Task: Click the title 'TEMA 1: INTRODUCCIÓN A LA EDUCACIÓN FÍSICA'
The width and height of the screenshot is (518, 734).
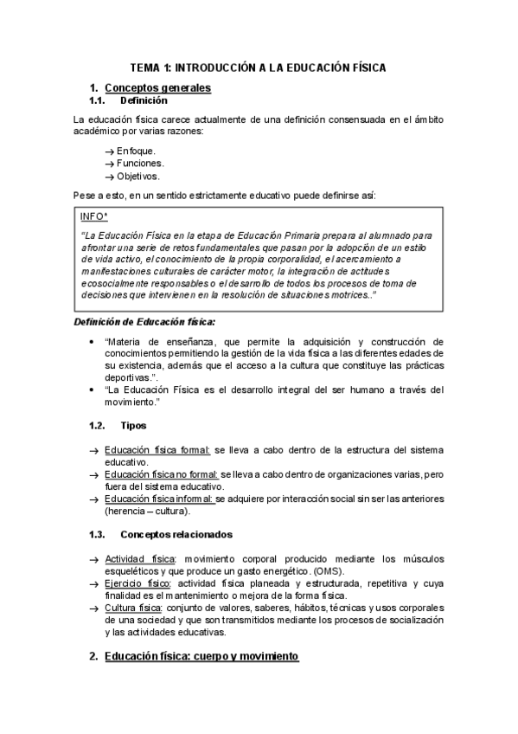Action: pos(258,67)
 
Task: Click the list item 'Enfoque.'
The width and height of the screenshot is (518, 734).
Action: pos(137,151)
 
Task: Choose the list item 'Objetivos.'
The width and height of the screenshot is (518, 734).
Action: pos(138,176)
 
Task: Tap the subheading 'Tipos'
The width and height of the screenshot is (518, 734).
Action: pos(133,426)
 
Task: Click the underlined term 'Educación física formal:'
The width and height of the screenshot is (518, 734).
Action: pos(157,451)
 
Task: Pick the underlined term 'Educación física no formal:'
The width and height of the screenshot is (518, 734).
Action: pos(162,474)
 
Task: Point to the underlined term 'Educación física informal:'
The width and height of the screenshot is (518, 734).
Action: pos(159,499)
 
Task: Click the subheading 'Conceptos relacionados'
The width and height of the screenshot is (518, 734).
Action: pos(176,534)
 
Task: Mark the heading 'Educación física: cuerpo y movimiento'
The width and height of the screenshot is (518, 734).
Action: pos(201,657)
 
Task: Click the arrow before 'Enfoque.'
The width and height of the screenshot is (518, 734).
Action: pos(109,151)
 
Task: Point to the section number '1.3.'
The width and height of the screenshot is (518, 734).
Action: pos(97,534)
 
